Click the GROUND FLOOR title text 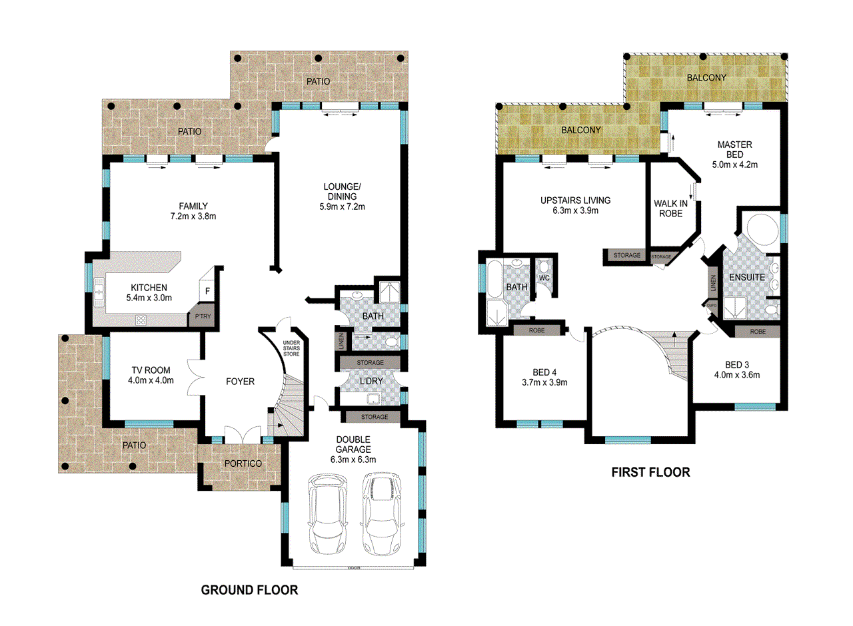pos(249,589)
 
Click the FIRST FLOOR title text pos(650,473)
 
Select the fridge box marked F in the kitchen pos(207,291)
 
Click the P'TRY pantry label pos(200,318)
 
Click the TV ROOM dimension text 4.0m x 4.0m pos(151,381)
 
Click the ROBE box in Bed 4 pos(537,329)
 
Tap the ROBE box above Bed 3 pos(757,331)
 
